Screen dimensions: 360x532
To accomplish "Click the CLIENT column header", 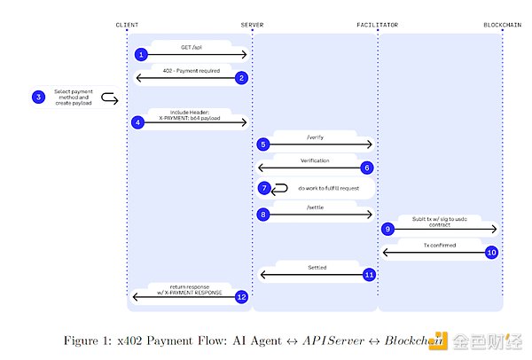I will tap(127, 23).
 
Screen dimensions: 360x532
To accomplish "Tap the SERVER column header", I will tap(252, 23).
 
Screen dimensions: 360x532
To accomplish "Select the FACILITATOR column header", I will tap(377, 23).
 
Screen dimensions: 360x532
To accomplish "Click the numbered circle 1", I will tap(140, 55).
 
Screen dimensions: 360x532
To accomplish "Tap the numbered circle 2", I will tap(239, 78).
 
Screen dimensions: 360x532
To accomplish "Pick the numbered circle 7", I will tap(263, 188).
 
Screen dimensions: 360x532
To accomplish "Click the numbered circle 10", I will tap(491, 252).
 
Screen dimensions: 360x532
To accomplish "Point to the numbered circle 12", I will tap(239, 297).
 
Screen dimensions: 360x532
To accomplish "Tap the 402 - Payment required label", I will tap(187, 69).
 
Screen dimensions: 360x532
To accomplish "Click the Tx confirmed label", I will tap(439, 243).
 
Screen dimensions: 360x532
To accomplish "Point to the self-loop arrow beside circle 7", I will tap(281, 188).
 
